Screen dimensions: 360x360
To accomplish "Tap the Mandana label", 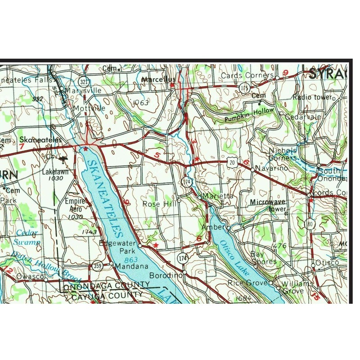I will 131,266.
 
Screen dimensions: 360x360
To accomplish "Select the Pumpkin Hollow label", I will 250,114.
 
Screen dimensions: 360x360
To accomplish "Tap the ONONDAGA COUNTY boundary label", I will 106,286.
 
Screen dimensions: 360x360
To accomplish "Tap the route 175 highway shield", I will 244,86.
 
